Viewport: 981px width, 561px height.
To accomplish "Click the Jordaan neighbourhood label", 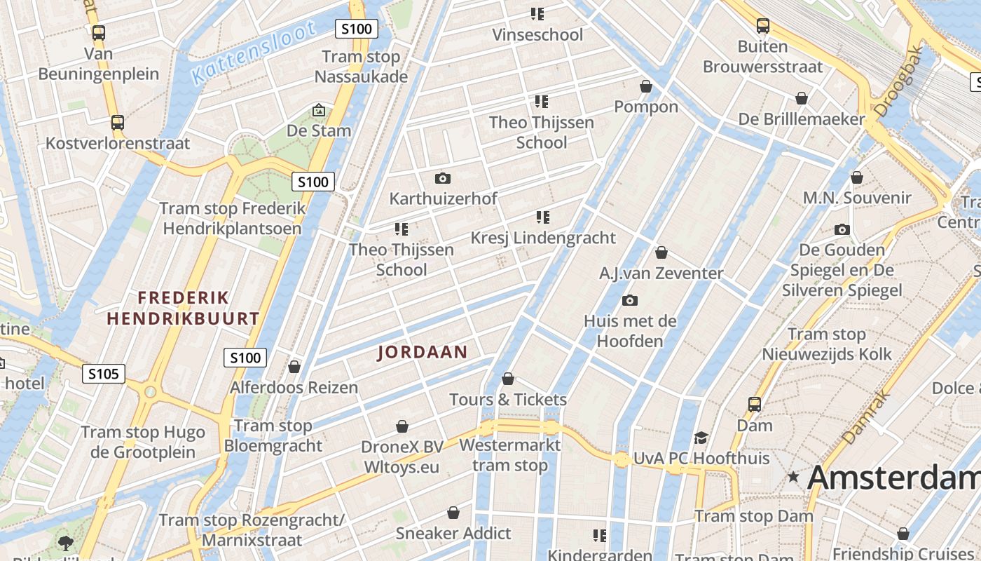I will (422, 352).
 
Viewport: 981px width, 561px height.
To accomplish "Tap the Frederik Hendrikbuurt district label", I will (183, 308).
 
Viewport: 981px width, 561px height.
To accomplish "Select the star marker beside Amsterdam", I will (793, 477).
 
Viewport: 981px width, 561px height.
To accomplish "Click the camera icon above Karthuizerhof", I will (443, 178).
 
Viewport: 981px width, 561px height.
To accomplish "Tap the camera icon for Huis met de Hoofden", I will (630, 301).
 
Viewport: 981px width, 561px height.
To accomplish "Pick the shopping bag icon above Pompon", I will (646, 86).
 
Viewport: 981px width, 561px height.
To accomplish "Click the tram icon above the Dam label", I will (755, 405).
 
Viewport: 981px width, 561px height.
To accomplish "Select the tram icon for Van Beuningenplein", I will (99, 32).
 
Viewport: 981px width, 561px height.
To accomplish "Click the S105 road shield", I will (104, 374).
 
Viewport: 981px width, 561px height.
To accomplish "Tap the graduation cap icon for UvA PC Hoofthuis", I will (701, 438).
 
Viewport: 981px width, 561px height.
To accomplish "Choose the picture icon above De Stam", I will (319, 110).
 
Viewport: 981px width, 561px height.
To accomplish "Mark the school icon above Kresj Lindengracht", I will (543, 217).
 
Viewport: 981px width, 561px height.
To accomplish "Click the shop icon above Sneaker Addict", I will (453, 513).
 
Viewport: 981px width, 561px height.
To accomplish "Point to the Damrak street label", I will (867, 417).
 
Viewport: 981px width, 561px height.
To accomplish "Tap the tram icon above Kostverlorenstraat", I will (118, 123).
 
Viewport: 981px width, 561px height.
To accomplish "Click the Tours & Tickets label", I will (508, 400).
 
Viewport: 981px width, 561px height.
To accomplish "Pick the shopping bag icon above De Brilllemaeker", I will (802, 98).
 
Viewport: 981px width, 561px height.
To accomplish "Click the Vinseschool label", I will (537, 34).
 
